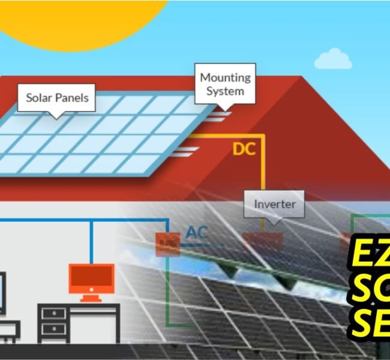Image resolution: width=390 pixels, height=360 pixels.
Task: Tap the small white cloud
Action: coord(332,59)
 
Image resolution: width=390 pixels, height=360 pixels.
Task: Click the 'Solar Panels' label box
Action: coord(57,98)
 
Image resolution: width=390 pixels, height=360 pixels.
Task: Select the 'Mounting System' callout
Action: coord(225,83)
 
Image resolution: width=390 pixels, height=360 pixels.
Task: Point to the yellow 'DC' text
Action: coord(244,149)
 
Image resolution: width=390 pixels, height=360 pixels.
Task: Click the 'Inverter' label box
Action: coord(274,204)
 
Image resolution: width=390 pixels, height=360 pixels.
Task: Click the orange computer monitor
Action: coord(91,278)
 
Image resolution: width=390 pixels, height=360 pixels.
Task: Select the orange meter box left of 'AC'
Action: coord(167,244)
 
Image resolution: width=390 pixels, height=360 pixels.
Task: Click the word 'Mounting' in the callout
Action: coord(225,77)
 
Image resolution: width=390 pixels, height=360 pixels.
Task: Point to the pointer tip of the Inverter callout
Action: coord(274,223)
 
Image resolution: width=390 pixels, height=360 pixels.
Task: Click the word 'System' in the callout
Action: coord(225,91)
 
